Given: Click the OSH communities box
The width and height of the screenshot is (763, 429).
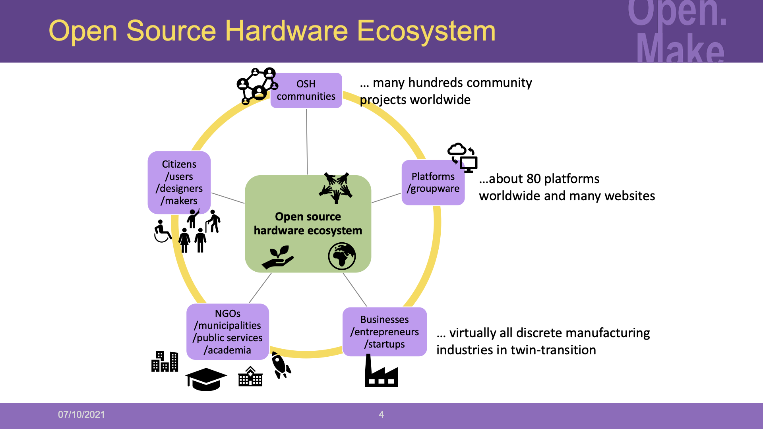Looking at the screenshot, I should tap(306, 90).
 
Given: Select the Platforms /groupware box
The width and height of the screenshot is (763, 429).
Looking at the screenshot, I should tap(433, 182).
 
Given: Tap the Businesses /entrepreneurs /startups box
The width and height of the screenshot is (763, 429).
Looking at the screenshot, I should tap(384, 332).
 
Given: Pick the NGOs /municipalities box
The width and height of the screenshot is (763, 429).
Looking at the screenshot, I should tap(228, 332).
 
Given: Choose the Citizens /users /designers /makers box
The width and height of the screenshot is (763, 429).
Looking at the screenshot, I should tap(179, 182).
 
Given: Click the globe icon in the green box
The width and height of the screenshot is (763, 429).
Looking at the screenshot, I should tap(342, 256).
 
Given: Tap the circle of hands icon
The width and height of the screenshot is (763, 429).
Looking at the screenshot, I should tap(336, 187).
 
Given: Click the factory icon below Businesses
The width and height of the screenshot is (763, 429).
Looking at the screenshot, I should tap(381, 373).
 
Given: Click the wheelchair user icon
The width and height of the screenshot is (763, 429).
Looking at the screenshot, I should tap(162, 232).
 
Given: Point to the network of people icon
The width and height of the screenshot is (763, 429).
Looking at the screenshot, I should tap(257, 85).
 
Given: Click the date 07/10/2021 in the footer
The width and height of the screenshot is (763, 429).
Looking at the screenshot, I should tap(81, 415).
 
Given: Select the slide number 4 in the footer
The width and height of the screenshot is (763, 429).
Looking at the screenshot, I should tap(381, 415).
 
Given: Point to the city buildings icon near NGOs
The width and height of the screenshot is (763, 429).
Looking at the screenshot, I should tap(165, 361).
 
